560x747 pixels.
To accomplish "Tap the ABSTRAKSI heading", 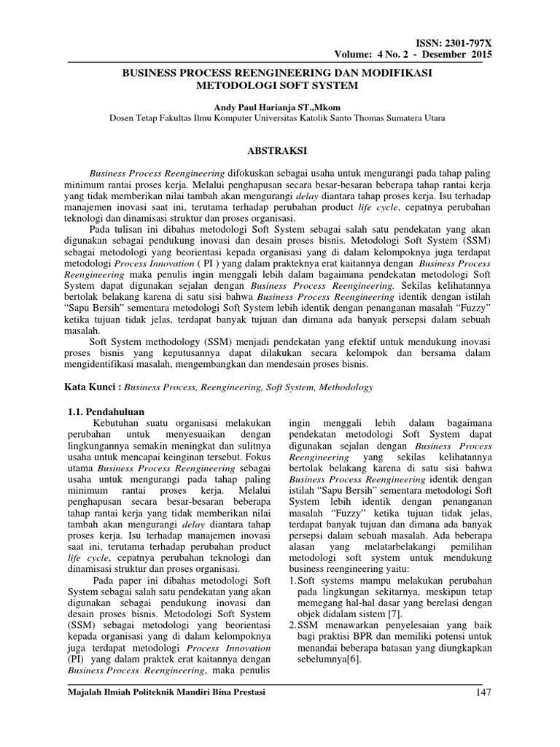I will coord(279,151).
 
